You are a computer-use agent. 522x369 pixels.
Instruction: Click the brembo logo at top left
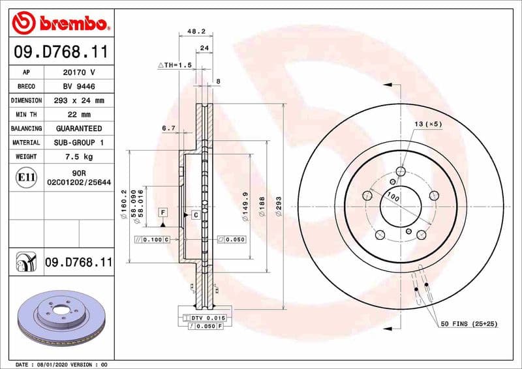(x=60, y=24)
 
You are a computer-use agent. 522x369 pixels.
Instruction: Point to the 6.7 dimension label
(x=168, y=128)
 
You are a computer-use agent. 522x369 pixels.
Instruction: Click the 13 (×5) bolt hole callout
(x=427, y=124)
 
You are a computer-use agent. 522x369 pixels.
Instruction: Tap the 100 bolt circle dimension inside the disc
(x=392, y=196)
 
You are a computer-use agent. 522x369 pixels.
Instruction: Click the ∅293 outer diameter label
(x=279, y=207)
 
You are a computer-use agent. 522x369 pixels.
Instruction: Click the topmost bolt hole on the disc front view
(x=401, y=171)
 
